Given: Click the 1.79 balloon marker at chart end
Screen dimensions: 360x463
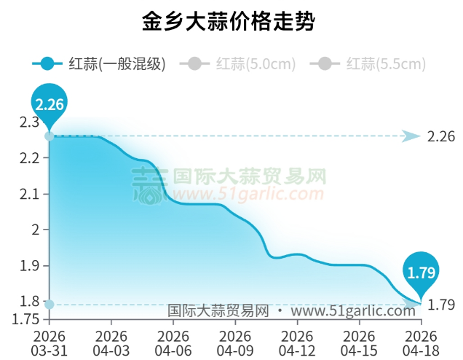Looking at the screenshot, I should [x=421, y=272].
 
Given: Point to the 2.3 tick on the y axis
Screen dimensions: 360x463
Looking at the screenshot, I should [x=30, y=122].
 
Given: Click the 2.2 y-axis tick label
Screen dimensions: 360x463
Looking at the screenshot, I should [x=30, y=157].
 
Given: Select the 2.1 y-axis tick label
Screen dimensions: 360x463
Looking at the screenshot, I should [x=30, y=194].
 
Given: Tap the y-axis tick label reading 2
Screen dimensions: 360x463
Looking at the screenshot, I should [x=36, y=230].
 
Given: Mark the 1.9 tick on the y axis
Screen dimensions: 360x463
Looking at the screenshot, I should [x=30, y=265].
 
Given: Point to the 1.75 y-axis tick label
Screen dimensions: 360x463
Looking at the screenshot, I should [x=26, y=318].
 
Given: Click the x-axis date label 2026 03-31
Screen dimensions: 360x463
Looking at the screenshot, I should [x=50, y=343].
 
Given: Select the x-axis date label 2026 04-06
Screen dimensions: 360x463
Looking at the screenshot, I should [x=173, y=343].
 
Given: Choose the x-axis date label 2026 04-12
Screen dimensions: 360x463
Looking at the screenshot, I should [x=297, y=343].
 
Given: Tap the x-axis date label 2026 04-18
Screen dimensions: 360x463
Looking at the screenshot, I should [x=421, y=343].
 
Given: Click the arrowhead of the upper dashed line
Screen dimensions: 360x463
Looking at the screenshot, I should [x=411, y=136].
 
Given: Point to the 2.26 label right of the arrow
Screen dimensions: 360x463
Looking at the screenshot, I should [x=441, y=136].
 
